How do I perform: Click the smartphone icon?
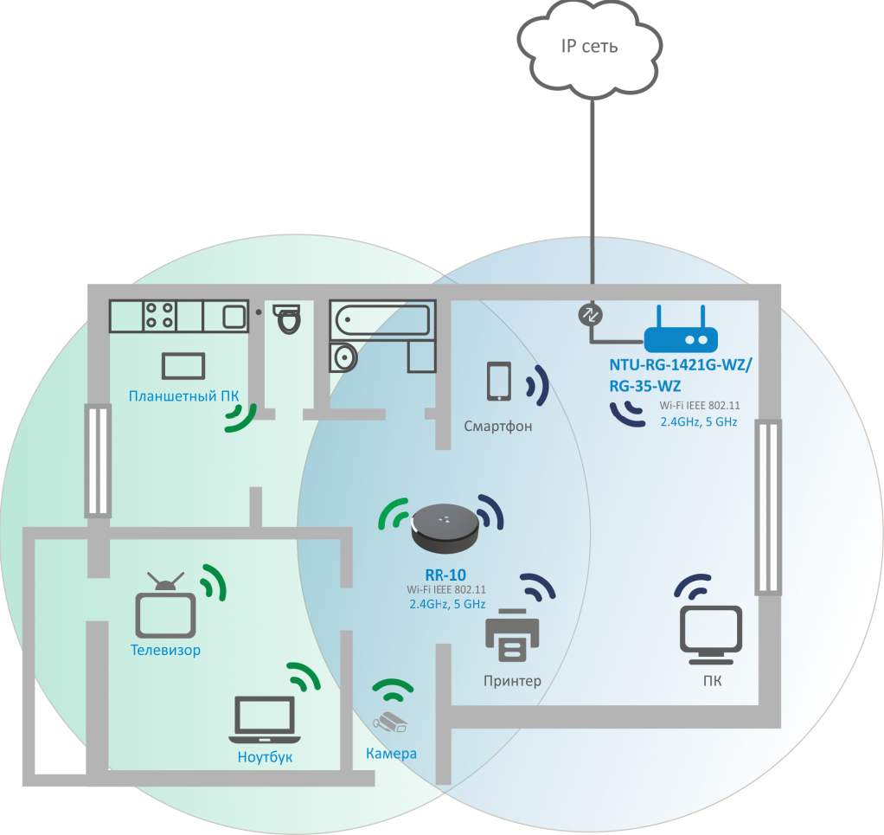(499, 382)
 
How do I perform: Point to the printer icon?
(512, 635)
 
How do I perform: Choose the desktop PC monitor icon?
(711, 635)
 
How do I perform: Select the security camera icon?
(389, 723)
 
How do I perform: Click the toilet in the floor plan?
(287, 319)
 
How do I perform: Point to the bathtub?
(383, 319)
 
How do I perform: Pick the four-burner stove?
(159, 316)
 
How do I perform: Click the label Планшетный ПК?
(183, 396)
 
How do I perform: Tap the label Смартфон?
(498, 427)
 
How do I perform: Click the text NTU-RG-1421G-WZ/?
(681, 365)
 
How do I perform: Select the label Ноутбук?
(265, 757)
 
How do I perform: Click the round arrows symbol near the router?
(590, 315)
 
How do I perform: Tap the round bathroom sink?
(343, 356)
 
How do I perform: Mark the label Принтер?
(512, 682)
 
